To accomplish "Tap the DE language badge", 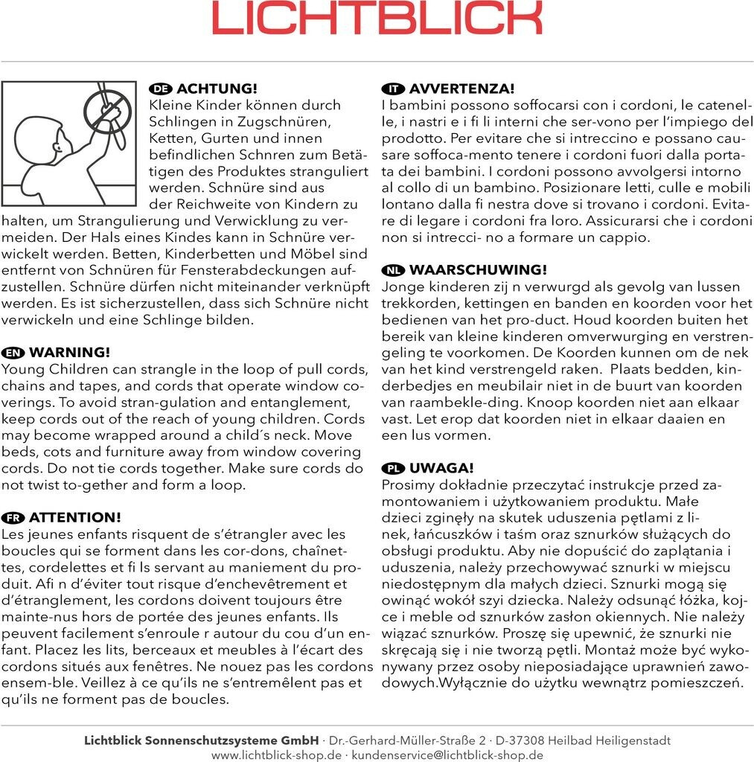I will pyautogui.click(x=161, y=89).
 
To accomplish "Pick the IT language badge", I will pyautogui.click(x=392, y=89).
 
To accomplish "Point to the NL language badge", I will pyautogui.click(x=392, y=270).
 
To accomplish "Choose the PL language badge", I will pyautogui.click(x=392, y=468).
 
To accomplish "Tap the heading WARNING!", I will pyautogui.click(x=69, y=353).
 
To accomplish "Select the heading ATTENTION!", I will pyautogui.click(x=74, y=518).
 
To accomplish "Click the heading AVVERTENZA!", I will pyautogui.click(x=461, y=89).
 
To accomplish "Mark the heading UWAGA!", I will pyautogui.click(x=441, y=468).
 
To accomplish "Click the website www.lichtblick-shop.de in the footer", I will pyautogui.click(x=276, y=755).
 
